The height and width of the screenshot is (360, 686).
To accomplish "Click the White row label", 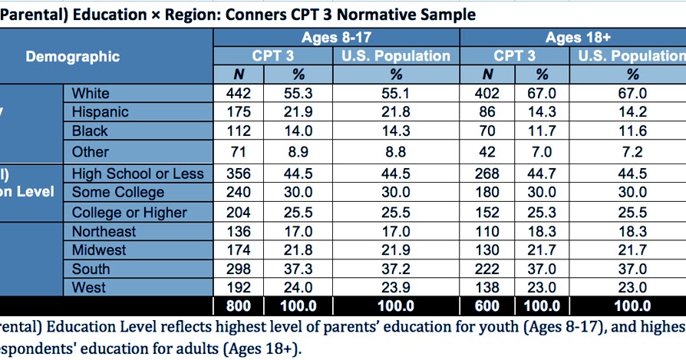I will [91, 93].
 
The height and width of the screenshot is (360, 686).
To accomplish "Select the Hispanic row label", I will [100, 111].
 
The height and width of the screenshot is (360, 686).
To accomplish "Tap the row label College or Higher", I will [130, 213].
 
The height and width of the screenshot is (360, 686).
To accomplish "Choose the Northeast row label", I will [104, 231].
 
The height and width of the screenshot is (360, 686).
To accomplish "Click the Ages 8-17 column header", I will [336, 38].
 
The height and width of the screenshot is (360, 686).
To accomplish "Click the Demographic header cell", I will [72, 56].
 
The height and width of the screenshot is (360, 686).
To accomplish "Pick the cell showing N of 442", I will [239, 93].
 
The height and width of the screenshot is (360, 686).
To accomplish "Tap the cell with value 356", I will [239, 173].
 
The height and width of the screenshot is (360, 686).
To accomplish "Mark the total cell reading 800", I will [239, 306].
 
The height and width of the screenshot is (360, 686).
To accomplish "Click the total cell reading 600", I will [487, 306].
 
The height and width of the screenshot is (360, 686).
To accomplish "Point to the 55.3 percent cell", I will [298, 93].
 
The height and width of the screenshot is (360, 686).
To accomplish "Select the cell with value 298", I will [239, 269].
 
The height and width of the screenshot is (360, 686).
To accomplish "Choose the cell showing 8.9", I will [298, 152].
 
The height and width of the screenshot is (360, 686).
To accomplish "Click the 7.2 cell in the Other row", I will [632, 152].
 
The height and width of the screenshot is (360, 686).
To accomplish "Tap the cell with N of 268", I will [487, 173].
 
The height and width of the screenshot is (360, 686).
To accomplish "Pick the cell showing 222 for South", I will [487, 269].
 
